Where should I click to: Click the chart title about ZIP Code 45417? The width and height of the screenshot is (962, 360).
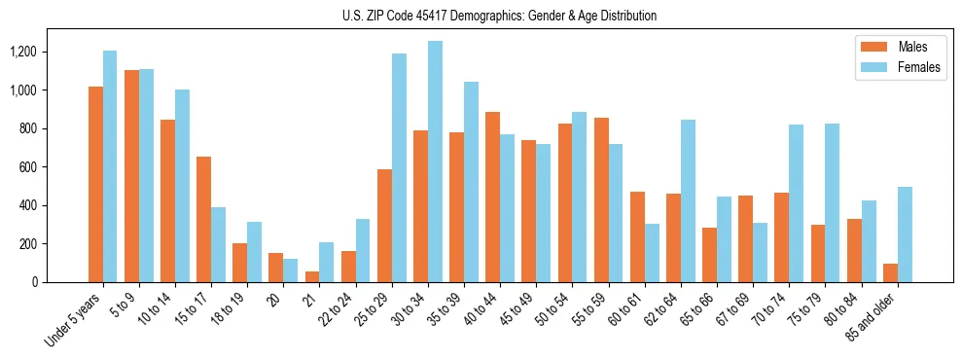tap(499, 16)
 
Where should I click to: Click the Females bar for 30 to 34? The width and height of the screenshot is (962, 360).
tap(435, 162)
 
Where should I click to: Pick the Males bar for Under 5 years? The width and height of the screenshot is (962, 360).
tap(95, 185)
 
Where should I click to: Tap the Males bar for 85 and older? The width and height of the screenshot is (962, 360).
tap(891, 273)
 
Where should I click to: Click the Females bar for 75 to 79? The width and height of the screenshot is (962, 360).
tap(833, 203)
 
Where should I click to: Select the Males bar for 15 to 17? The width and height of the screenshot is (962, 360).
tap(204, 220)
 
